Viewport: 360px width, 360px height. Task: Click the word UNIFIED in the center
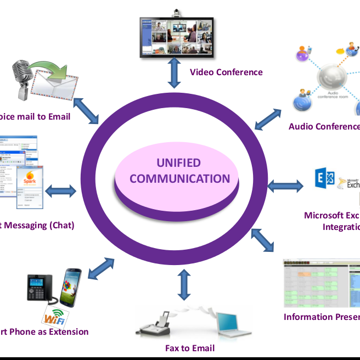click(179, 163)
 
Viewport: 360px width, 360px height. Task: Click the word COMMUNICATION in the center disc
click(179, 179)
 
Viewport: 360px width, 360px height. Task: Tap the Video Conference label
click(226, 72)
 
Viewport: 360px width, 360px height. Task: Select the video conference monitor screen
click(177, 38)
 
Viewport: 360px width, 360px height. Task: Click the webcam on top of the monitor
click(177, 13)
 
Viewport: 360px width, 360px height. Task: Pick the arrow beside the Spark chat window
click(61, 192)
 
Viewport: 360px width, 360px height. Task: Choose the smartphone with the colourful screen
click(70, 288)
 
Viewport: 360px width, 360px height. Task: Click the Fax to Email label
click(190, 348)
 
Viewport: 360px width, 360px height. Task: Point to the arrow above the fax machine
click(185, 285)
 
